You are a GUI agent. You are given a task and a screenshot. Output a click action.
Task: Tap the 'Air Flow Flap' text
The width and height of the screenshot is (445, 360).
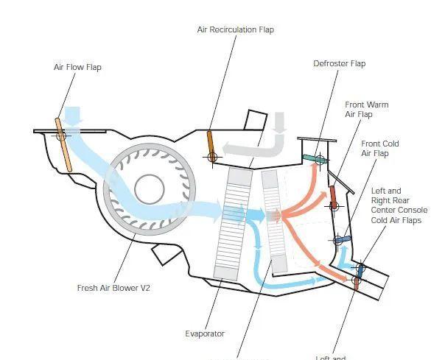point(77,67)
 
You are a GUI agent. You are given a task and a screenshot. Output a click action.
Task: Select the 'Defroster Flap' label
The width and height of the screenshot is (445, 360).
point(339,63)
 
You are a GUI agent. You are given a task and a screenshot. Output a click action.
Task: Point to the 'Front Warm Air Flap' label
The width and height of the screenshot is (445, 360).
point(366,109)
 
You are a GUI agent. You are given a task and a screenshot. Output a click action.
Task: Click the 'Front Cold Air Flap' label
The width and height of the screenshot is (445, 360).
point(380,148)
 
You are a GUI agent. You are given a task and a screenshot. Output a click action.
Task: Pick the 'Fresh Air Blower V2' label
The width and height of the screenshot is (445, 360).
point(113,287)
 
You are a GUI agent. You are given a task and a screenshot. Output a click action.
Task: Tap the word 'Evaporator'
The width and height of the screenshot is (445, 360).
point(205,333)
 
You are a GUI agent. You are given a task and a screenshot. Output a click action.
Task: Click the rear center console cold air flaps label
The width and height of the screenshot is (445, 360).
point(399,205)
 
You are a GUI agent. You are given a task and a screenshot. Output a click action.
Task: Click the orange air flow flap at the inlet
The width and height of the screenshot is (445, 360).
point(63,145)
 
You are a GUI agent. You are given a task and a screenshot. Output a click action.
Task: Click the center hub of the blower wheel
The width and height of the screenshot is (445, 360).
point(150,189)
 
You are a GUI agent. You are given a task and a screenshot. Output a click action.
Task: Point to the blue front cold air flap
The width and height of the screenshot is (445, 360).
point(340,239)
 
